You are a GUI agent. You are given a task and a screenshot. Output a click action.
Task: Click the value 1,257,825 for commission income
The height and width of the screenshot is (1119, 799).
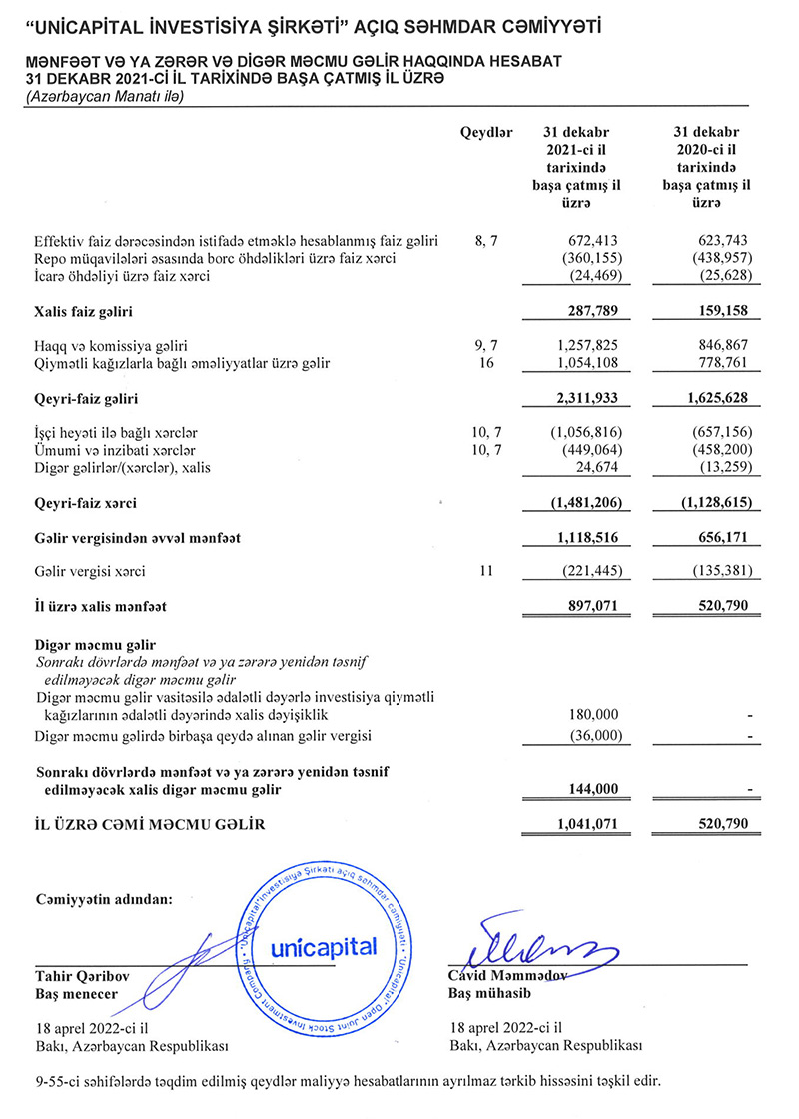(x=586, y=345)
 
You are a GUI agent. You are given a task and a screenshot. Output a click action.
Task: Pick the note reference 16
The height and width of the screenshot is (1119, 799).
(x=486, y=362)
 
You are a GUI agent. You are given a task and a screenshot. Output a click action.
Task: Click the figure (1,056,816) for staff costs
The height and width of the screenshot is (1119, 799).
(x=584, y=433)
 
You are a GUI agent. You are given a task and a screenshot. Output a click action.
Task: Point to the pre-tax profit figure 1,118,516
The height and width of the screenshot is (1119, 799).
(x=586, y=538)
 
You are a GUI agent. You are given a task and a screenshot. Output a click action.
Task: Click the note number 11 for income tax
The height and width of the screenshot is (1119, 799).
(x=486, y=572)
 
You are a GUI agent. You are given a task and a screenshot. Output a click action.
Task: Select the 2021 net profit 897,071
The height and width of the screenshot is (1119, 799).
(x=592, y=606)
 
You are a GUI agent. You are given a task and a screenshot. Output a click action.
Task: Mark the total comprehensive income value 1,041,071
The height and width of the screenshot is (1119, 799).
(x=586, y=825)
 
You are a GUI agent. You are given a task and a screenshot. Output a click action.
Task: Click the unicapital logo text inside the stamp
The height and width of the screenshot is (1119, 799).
(x=323, y=947)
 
